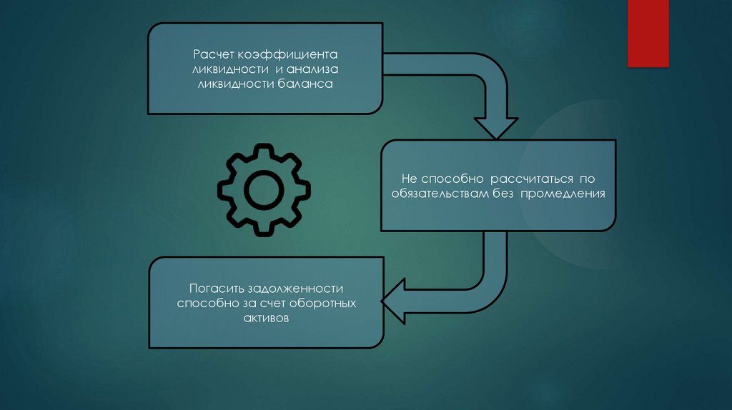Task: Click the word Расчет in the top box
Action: (x=209, y=55)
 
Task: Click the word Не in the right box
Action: (x=407, y=179)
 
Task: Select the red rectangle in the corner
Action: (x=648, y=33)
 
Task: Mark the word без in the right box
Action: (x=503, y=193)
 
